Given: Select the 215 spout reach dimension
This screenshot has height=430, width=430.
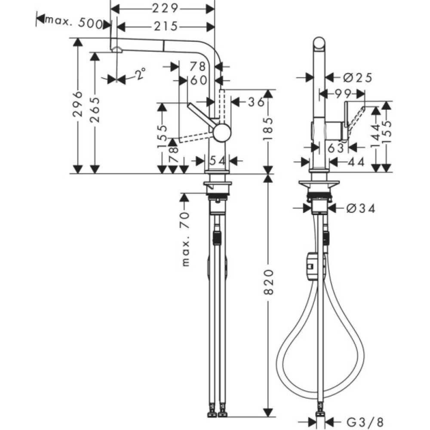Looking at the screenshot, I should (165, 27).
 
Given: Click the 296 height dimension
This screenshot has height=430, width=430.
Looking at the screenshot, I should (77, 104).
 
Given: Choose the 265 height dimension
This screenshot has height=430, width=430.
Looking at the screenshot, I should (95, 110).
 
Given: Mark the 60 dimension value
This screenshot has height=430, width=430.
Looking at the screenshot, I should (198, 80).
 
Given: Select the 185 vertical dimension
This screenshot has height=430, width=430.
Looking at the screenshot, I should (268, 131).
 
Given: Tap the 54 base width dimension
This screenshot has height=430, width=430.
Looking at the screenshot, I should (217, 160).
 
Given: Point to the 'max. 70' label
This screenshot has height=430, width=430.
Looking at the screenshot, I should (185, 238).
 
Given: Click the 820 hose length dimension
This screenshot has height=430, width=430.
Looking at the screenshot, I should (268, 283).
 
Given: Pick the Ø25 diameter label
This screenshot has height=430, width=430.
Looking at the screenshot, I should (357, 77).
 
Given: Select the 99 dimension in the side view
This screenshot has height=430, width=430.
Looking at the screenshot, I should (343, 93).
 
